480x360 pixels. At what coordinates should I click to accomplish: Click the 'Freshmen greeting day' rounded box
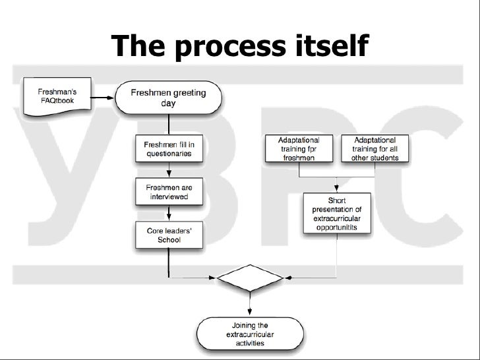coord(169,98)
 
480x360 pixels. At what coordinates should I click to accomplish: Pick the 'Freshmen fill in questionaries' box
coord(169,148)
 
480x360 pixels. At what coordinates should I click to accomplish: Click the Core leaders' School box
coord(169,235)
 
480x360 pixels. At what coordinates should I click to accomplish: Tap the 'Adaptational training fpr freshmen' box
coord(300,150)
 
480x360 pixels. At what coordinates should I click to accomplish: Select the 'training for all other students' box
coord(375,150)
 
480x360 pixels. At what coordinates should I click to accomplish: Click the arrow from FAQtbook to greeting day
coord(102,98)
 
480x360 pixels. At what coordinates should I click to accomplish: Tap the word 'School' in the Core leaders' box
coord(169,240)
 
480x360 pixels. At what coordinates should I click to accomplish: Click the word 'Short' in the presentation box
coord(338,200)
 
